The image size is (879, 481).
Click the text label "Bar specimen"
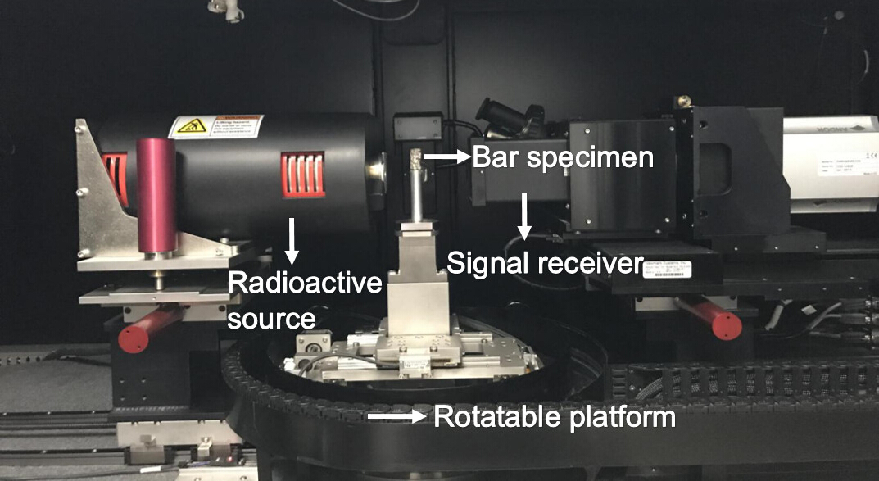562,157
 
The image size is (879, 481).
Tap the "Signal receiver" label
542,262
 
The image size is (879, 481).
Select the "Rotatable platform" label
555,417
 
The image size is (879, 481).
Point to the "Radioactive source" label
305,300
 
